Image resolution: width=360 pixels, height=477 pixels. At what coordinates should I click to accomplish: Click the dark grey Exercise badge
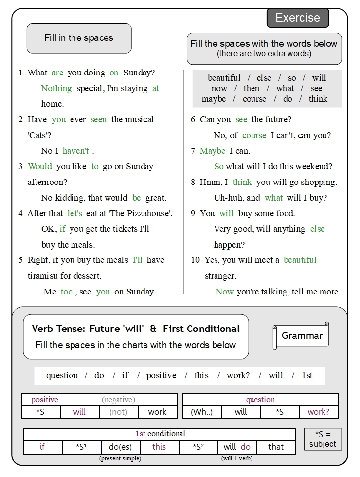click(297, 18)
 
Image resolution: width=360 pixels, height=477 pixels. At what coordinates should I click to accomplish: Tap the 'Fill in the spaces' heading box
click(79, 38)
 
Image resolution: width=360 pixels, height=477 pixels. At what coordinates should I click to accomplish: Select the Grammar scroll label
click(302, 336)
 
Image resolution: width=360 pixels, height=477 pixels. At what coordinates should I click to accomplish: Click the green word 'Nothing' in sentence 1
click(56, 88)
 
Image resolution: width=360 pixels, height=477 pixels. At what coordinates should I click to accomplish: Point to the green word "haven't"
click(75, 151)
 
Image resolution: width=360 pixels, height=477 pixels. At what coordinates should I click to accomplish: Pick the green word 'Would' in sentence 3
click(40, 167)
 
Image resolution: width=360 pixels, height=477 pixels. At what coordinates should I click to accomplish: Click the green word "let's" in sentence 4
click(74, 214)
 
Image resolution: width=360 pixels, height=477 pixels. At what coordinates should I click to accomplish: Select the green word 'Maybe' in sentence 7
click(213, 151)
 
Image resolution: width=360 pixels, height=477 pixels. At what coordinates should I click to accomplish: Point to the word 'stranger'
click(220, 276)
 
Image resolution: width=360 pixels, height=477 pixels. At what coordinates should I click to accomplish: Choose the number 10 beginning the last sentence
click(196, 260)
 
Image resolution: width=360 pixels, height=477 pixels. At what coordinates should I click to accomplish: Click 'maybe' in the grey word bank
click(214, 99)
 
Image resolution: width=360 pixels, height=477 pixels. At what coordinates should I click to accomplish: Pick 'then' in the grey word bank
click(251, 88)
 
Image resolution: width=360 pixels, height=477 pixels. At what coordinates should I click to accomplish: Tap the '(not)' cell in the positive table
click(118, 412)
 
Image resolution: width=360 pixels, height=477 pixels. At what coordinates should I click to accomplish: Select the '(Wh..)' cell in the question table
click(202, 412)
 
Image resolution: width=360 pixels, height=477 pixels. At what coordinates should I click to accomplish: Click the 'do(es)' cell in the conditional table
click(120, 447)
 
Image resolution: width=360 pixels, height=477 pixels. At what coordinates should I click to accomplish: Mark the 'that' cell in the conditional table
click(276, 447)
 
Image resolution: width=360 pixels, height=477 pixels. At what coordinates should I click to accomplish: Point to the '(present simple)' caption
click(120, 458)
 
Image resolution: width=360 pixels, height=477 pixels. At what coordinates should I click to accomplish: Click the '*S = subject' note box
click(323, 439)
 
